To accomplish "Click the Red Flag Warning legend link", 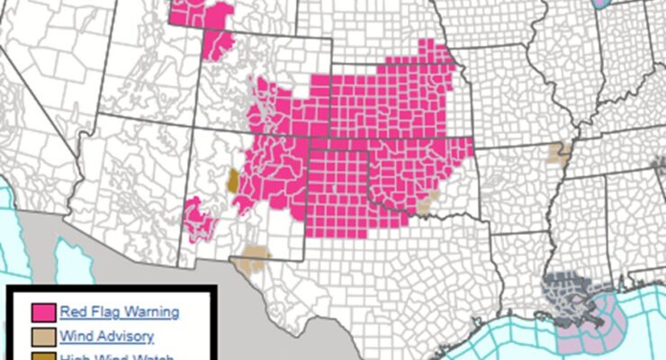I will coord(119,312).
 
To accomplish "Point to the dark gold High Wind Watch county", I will coord(232,179).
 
